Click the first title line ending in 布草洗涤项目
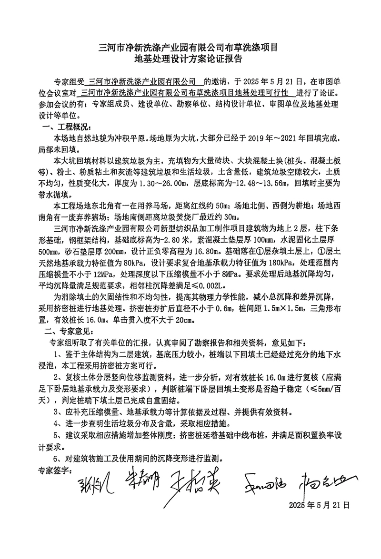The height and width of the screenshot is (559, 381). coord(190,47)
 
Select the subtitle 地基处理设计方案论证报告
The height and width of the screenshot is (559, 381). coord(190,60)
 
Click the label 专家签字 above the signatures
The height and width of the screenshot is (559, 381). coord(54,471)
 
